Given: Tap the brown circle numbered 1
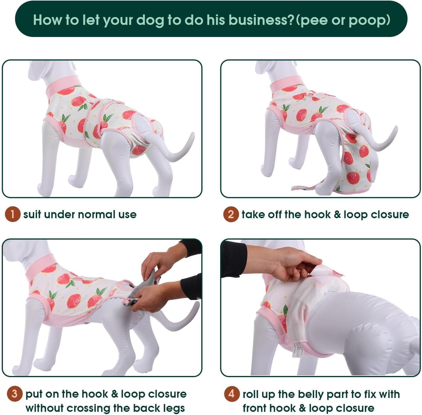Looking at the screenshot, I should click(x=12, y=214).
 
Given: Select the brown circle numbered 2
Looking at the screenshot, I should click(x=231, y=214).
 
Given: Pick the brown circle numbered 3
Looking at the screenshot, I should click(x=14, y=394).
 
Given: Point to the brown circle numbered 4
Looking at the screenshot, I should click(x=232, y=394).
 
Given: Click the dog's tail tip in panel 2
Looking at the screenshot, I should click(x=395, y=129).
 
